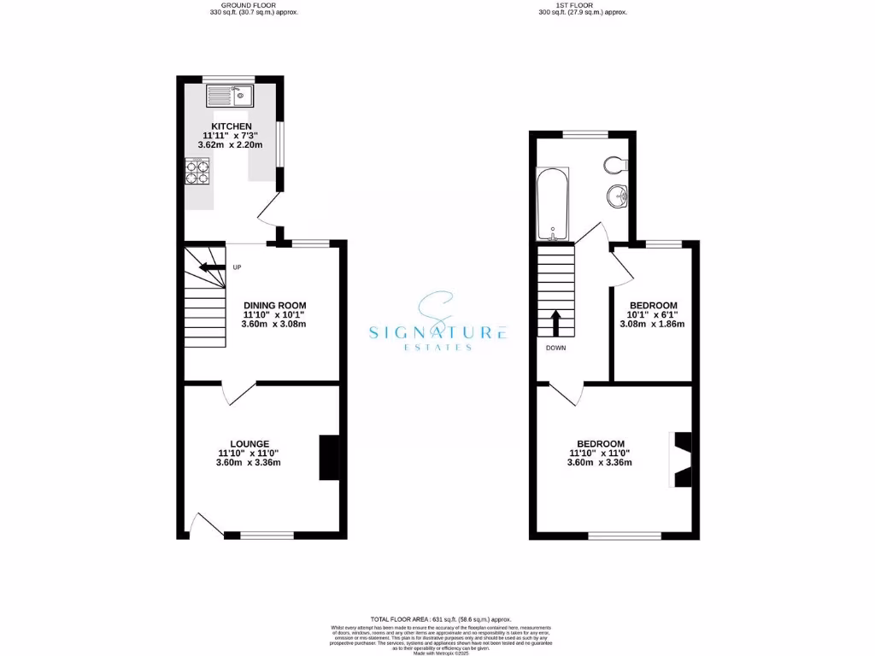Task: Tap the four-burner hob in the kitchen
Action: (197, 173)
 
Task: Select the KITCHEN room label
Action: (226, 126)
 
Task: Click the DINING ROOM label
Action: (274, 305)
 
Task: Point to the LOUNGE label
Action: (249, 443)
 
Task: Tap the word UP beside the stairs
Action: (237, 267)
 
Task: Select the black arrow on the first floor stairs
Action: (555, 322)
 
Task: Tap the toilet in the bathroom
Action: (615, 164)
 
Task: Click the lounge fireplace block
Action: (329, 458)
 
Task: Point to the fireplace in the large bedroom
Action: (681, 460)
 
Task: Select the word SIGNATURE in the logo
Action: (438, 332)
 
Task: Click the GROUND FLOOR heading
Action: (254, 5)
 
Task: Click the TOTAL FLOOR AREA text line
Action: (442, 619)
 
